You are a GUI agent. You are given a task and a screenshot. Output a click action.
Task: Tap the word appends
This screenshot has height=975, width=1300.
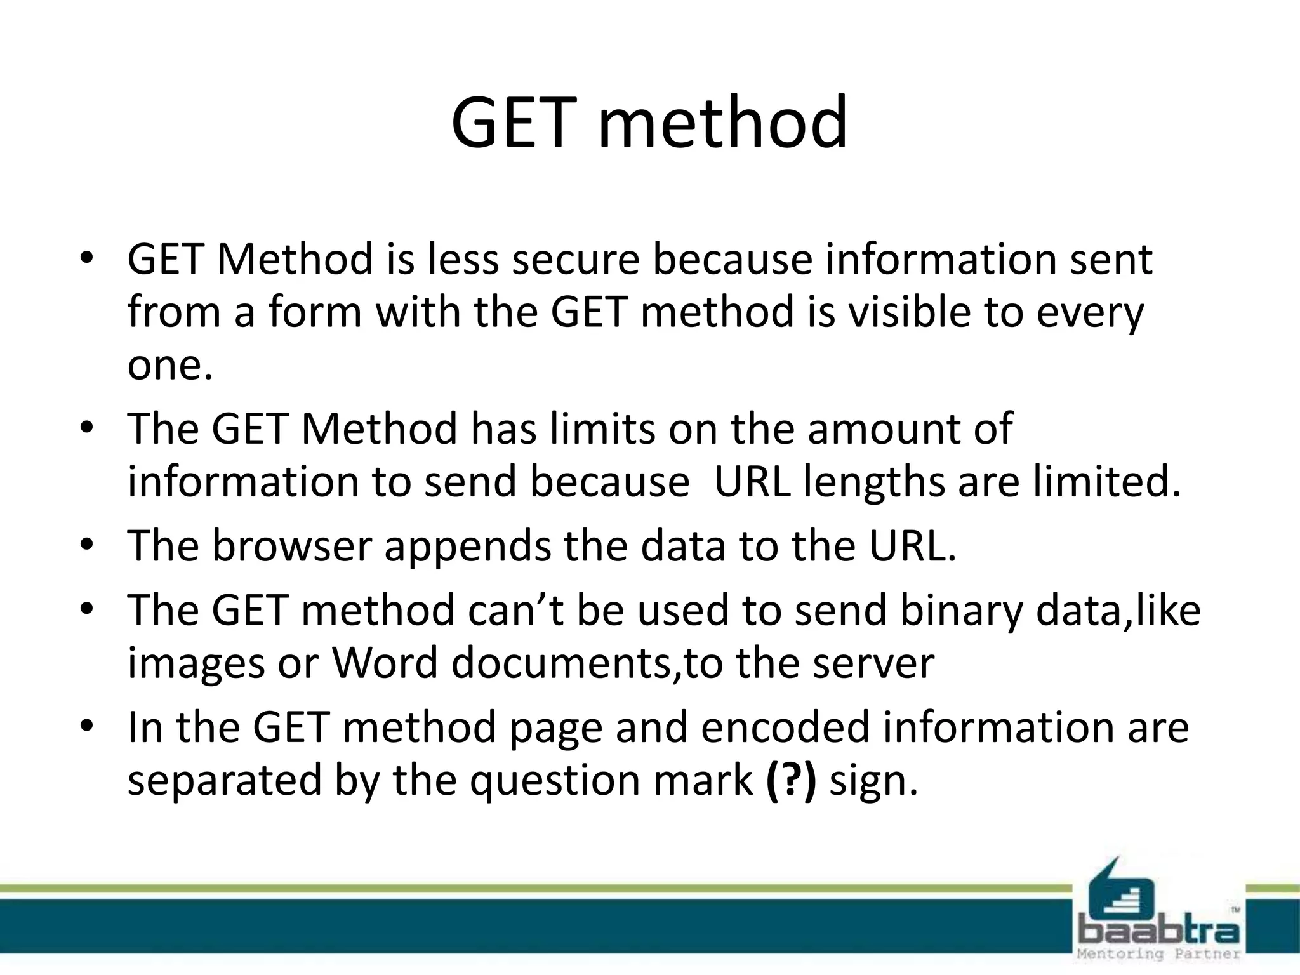(x=468, y=547)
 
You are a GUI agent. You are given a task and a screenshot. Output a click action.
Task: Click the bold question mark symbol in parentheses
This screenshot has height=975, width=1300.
(x=790, y=780)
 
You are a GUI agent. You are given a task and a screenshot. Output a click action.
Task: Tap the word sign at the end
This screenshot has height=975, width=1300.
(x=873, y=781)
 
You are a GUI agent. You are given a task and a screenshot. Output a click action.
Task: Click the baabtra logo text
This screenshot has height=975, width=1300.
(x=1159, y=932)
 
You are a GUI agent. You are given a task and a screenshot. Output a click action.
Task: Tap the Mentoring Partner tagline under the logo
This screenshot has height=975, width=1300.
(x=1159, y=954)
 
